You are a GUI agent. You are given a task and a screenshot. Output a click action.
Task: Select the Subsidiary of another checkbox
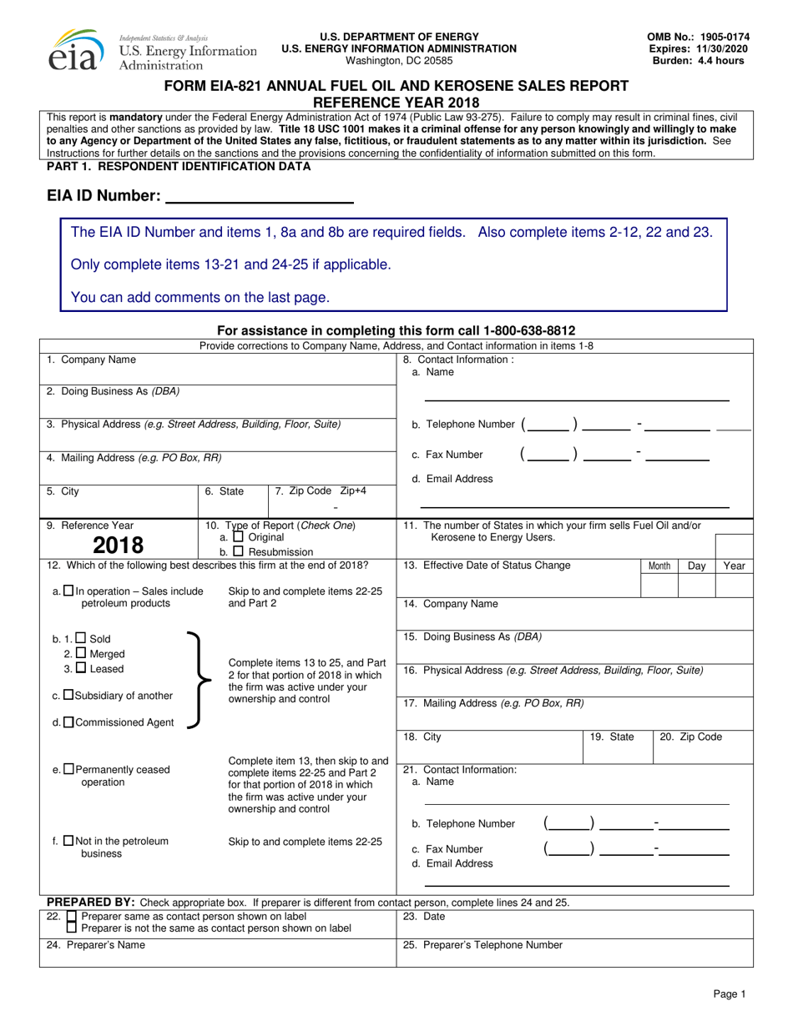[68, 696]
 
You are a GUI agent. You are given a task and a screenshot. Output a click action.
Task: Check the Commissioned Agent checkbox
[68, 722]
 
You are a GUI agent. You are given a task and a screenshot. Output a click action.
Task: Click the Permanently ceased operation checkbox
[68, 769]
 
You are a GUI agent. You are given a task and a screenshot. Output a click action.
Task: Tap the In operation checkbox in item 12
[68, 591]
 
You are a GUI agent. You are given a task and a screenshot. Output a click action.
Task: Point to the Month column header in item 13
[659, 566]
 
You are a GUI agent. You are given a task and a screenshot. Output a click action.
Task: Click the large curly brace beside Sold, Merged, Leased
[194, 681]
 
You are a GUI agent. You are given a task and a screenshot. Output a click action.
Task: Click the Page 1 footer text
[729, 993]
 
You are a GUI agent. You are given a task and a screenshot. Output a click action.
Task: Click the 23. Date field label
[425, 916]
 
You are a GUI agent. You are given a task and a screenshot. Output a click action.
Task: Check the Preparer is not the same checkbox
[71, 928]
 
